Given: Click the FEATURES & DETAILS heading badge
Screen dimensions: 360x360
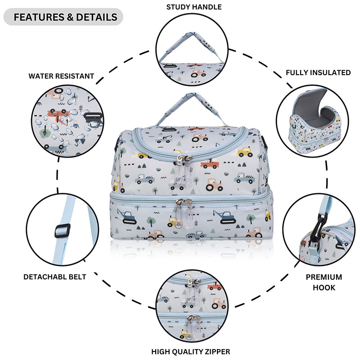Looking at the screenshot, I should point(63,17).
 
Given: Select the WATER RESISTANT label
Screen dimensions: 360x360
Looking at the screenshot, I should point(61,76).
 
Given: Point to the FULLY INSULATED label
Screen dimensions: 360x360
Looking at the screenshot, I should point(318,72).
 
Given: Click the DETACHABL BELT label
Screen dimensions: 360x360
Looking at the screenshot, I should point(54,277).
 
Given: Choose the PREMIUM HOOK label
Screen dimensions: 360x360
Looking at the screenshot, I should point(324,282).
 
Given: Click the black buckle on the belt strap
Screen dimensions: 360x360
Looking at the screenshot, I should point(62,231).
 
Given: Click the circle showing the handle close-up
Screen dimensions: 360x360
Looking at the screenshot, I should point(191,49).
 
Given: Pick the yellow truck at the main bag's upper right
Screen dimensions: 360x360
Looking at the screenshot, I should point(245,152).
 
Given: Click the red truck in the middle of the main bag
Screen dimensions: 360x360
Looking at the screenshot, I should point(209,163).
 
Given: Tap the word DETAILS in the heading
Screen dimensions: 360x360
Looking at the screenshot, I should point(96,17).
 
